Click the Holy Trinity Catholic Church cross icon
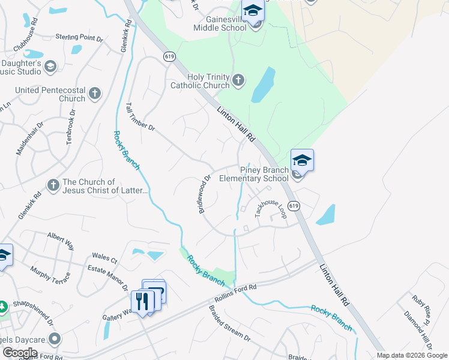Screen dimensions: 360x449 tap(238, 80)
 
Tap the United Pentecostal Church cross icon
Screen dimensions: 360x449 tap(94, 94)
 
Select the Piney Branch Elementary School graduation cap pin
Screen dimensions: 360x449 tap(302, 161)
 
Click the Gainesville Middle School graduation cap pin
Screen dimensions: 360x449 tap(253, 11)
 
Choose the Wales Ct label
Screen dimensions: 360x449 tap(104, 258)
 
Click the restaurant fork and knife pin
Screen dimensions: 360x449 tap(142, 301)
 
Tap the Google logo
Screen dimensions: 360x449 tap(20, 353)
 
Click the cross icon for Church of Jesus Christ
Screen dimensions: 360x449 tap(53, 185)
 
